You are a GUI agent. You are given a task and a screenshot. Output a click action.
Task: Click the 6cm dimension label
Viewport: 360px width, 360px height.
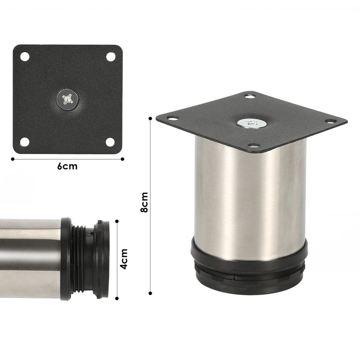click(x=67, y=166)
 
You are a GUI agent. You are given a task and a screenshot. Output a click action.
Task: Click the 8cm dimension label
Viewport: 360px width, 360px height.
click(x=144, y=202)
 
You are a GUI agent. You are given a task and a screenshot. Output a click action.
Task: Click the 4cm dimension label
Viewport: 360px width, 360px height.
click(x=125, y=259)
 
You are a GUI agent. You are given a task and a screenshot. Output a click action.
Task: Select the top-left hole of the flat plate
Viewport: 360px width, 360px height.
click(x=24, y=57)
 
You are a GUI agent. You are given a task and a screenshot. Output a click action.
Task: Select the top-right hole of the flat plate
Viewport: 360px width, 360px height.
click(x=110, y=57)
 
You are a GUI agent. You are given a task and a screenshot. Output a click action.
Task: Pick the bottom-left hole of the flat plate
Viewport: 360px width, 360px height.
click(x=24, y=142)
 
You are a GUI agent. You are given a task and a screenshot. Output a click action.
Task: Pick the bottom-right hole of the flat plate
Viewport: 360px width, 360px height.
click(x=110, y=142)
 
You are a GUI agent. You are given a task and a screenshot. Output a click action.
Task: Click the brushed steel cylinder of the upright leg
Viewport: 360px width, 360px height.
click(x=250, y=198)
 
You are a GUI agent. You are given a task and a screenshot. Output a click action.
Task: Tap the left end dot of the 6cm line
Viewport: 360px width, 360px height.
click(x=13, y=158)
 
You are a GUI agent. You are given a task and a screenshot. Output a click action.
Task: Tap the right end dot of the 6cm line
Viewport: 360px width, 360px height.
click(x=122, y=158)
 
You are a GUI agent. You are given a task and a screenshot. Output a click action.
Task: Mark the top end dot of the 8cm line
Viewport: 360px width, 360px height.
click(x=150, y=118)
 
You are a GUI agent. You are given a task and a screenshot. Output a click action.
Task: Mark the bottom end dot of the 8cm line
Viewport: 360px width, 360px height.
click(x=150, y=293)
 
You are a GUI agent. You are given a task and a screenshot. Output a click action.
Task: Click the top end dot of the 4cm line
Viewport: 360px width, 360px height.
click(x=117, y=221)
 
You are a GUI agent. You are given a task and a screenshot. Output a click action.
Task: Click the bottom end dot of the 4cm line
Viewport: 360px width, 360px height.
click(x=117, y=297)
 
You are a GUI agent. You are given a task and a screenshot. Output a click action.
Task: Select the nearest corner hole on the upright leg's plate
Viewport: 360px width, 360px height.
click(x=254, y=146)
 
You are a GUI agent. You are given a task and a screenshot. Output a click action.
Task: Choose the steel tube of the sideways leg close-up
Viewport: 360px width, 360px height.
click(x=29, y=259)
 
